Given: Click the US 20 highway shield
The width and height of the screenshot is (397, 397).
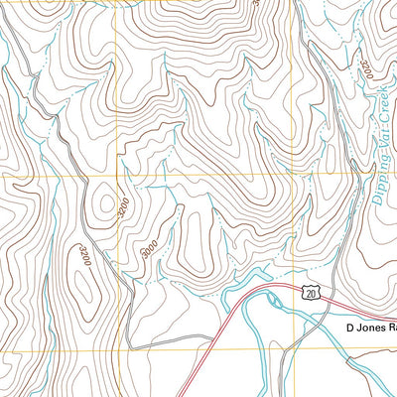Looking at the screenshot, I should point(312,293).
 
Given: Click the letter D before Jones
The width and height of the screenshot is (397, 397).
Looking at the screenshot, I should point(350,327).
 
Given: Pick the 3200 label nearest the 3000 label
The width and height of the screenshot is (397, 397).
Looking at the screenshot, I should point(122,210).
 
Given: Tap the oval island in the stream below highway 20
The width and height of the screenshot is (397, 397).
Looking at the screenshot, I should point(290,328).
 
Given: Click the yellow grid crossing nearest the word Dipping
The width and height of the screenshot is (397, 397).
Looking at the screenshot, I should point(298,181).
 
